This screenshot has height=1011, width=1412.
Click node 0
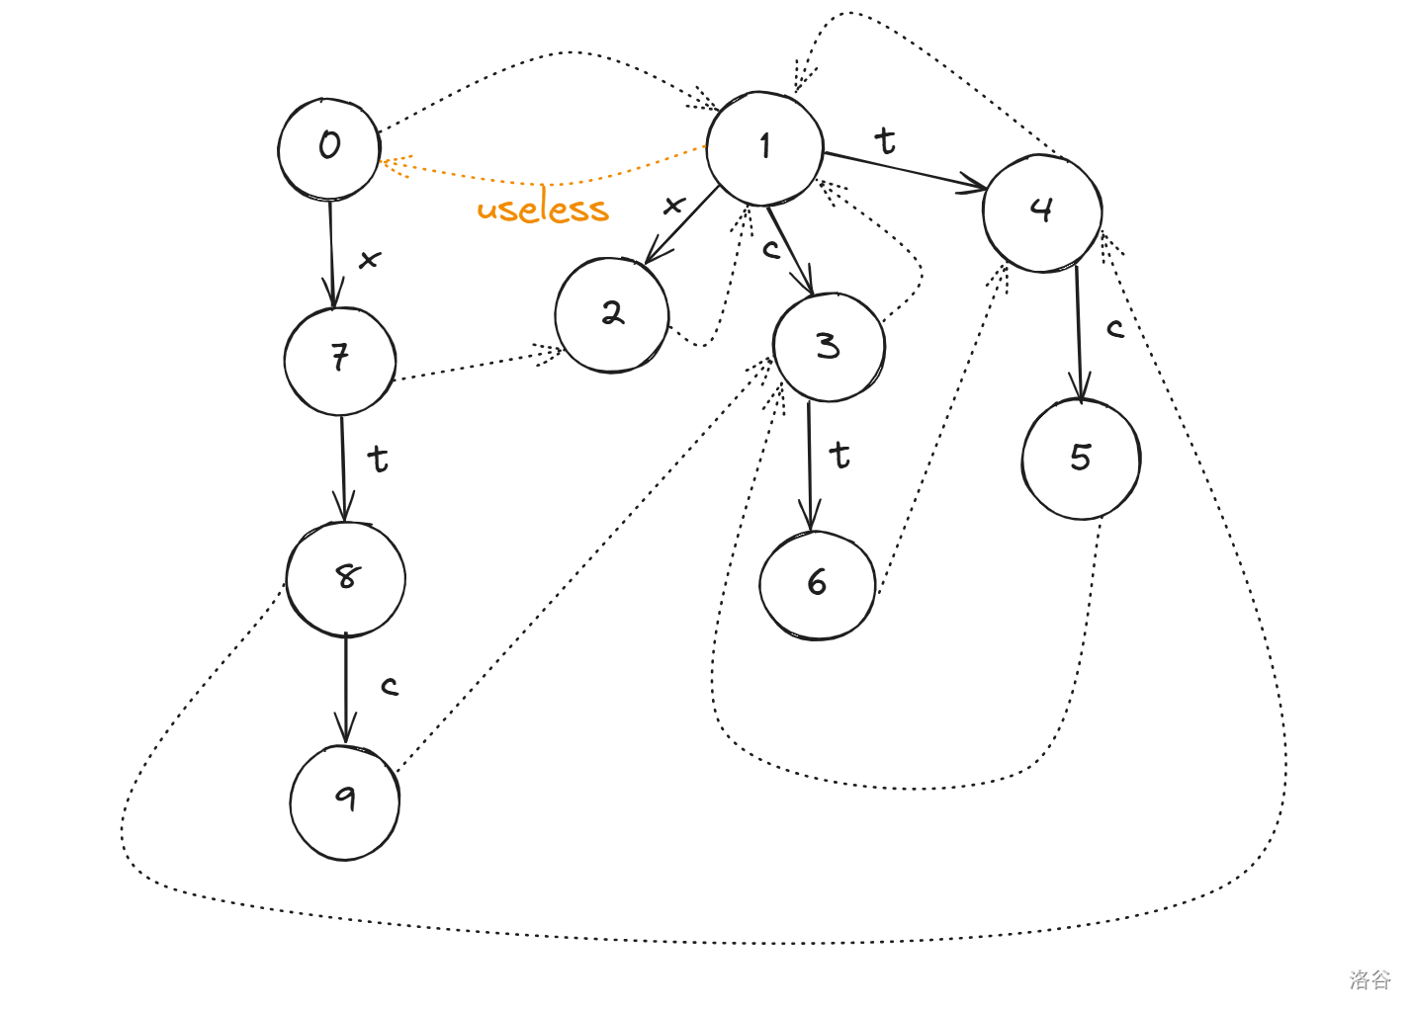(329, 148)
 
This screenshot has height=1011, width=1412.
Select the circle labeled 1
(764, 148)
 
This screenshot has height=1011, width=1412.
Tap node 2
(612, 314)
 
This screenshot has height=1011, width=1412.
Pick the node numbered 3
(829, 346)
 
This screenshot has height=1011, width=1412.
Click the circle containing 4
(1042, 211)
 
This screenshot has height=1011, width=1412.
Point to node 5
(1081, 459)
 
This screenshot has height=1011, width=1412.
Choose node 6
(817, 584)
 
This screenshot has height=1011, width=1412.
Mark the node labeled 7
(340, 360)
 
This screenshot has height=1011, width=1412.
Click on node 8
(346, 577)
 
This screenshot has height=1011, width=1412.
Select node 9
(345, 800)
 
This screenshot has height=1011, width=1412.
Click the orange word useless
(543, 210)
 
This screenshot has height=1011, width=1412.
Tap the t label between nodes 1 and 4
(885, 141)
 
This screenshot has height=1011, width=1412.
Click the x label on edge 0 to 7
(369, 260)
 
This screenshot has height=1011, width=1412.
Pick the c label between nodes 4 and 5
(1115, 329)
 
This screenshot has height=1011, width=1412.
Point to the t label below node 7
(377, 460)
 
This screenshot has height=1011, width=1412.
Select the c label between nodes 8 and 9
(390, 686)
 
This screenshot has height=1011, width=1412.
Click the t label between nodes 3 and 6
(839, 456)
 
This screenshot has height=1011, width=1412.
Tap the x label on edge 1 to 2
(673, 206)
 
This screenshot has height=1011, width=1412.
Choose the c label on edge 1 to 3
(771, 250)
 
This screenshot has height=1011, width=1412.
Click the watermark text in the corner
(1369, 979)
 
